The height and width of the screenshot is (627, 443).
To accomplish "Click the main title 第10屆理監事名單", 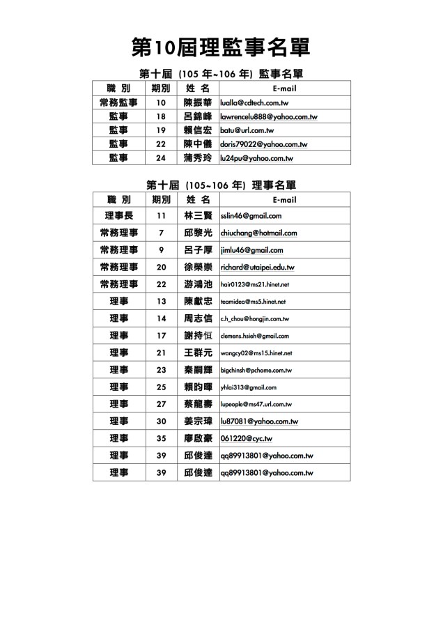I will [x=221, y=47].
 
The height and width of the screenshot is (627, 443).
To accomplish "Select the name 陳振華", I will [x=197, y=102].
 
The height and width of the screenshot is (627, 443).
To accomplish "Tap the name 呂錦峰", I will [x=197, y=116].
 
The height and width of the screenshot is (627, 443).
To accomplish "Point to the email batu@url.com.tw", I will [x=247, y=130].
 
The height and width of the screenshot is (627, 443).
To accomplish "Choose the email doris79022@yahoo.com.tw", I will [x=264, y=144].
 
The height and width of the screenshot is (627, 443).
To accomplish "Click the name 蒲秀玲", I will [x=197, y=158].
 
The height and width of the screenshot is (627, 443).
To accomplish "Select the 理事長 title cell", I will [x=119, y=216].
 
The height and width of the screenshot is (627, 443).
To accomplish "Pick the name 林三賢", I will [x=197, y=216].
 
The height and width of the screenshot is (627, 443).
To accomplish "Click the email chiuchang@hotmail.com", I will [x=258, y=233].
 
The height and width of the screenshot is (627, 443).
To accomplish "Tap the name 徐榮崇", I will [x=197, y=267].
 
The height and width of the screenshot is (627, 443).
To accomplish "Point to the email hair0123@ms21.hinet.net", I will [x=254, y=284].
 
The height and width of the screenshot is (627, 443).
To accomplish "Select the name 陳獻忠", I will [x=197, y=302].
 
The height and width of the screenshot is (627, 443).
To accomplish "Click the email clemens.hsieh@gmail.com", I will [x=254, y=336].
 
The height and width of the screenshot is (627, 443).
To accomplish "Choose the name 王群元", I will [x=197, y=353].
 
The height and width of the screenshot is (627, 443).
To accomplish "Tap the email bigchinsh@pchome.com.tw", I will [x=256, y=371].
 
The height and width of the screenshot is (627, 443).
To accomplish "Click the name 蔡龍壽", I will [x=197, y=404].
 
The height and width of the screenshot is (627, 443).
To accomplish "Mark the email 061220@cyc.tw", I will [x=246, y=439].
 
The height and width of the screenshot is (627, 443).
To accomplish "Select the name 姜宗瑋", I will [x=197, y=421].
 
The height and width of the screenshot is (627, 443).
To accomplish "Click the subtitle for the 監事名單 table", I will [x=221, y=73].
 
